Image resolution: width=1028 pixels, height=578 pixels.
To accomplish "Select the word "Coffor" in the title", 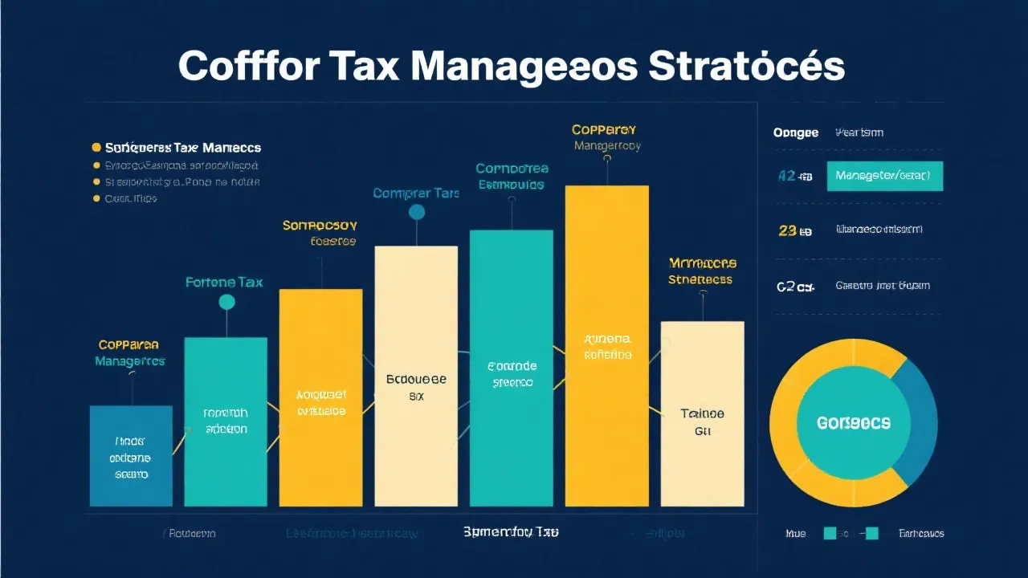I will click(247, 66).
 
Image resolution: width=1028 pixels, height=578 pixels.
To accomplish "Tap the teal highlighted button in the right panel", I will click(884, 175).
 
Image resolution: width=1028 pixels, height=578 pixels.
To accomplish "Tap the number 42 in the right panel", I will click(787, 176).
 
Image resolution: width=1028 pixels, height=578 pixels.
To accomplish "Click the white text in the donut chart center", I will click(853, 422).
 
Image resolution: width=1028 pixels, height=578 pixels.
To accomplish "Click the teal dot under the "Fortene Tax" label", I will click(227, 302).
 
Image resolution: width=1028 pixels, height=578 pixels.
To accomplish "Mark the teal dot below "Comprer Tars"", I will click(416, 212).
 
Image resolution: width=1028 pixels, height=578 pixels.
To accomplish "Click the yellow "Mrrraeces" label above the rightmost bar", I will click(702, 263).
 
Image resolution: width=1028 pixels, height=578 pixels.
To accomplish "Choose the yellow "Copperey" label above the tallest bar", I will click(604, 129).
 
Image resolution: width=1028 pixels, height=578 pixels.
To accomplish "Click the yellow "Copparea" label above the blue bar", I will click(128, 344).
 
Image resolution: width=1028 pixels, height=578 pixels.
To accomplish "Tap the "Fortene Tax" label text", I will click(224, 283).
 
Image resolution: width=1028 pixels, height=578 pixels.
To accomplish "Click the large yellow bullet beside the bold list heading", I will click(96, 148).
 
